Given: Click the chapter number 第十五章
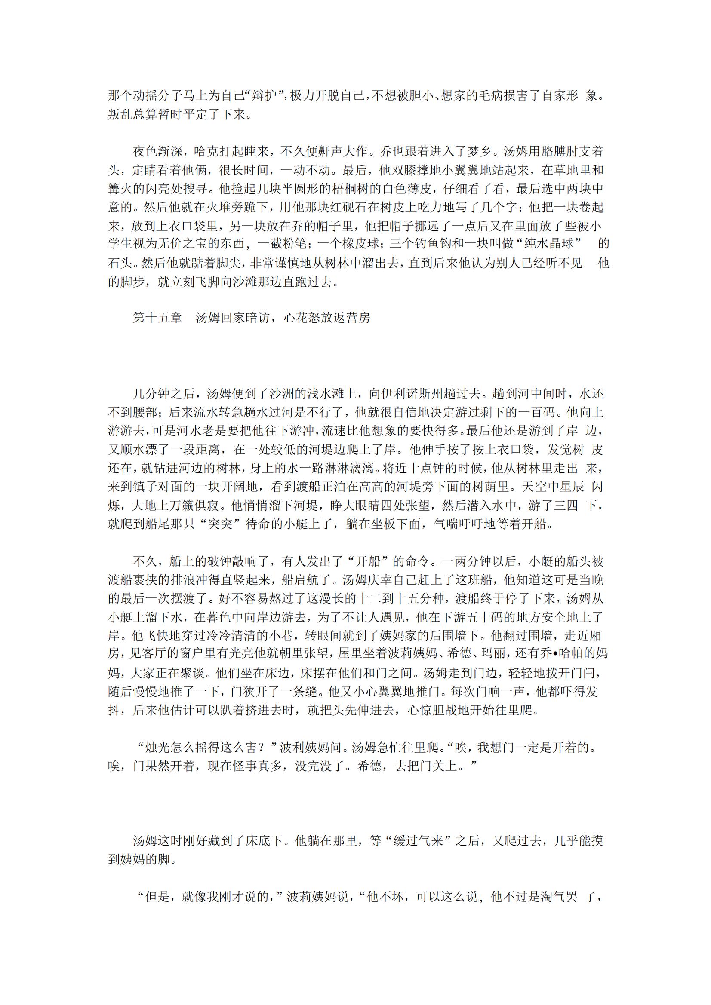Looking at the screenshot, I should point(157,318).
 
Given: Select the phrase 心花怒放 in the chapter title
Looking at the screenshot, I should point(308,318).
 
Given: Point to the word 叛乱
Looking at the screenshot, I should point(120,114).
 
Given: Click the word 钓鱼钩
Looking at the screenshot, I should point(425,244).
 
